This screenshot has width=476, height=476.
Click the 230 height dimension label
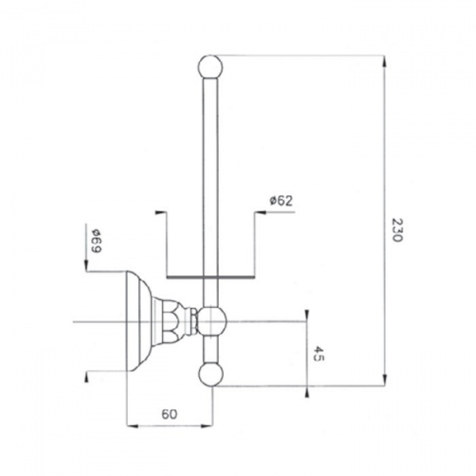pyautogui.click(x=397, y=229)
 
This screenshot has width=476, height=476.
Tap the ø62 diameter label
pyautogui.click(x=281, y=201)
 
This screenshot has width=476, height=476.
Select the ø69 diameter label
pyautogui.click(x=97, y=241)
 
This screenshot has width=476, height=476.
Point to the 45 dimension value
pyautogui.click(x=319, y=353)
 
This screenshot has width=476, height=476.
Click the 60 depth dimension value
pyautogui.click(x=169, y=414)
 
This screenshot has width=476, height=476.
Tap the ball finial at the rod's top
pyautogui.click(x=210, y=67)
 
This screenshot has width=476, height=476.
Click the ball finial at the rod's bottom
pyautogui.click(x=211, y=374)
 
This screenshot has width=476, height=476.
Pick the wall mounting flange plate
pyautogui.click(x=138, y=321)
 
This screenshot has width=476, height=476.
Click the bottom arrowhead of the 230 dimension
pyautogui.click(x=384, y=380)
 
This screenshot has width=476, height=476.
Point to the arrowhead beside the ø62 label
pyautogui.click(x=260, y=212)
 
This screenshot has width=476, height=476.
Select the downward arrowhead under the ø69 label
pyautogui.click(x=86, y=264)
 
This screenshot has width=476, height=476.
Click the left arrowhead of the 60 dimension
pyautogui.click(x=132, y=426)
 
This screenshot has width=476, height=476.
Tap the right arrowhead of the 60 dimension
pyautogui.click(x=207, y=426)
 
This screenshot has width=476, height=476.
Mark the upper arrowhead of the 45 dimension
pyautogui.click(x=307, y=316)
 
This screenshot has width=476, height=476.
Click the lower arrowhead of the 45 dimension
pyautogui.click(x=307, y=392)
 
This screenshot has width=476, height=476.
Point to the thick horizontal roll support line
pyautogui.click(x=211, y=277)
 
